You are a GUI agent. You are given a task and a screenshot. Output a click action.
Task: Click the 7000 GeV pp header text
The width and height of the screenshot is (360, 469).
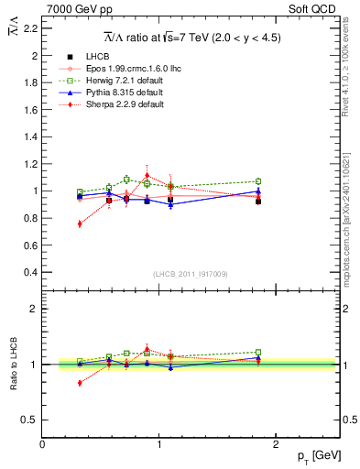point(73,8)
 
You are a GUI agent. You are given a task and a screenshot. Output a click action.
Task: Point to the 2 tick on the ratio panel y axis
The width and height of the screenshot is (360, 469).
point(34,309)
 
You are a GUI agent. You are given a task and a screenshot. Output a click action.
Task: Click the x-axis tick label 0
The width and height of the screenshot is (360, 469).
point(42,445)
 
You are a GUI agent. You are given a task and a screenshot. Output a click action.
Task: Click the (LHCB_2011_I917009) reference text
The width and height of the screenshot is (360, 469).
point(191,274)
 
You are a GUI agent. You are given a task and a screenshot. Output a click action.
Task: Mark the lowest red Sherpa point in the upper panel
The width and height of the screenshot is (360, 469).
point(80,224)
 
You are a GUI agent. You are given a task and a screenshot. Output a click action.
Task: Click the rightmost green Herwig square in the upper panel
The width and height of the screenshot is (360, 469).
point(258,181)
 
